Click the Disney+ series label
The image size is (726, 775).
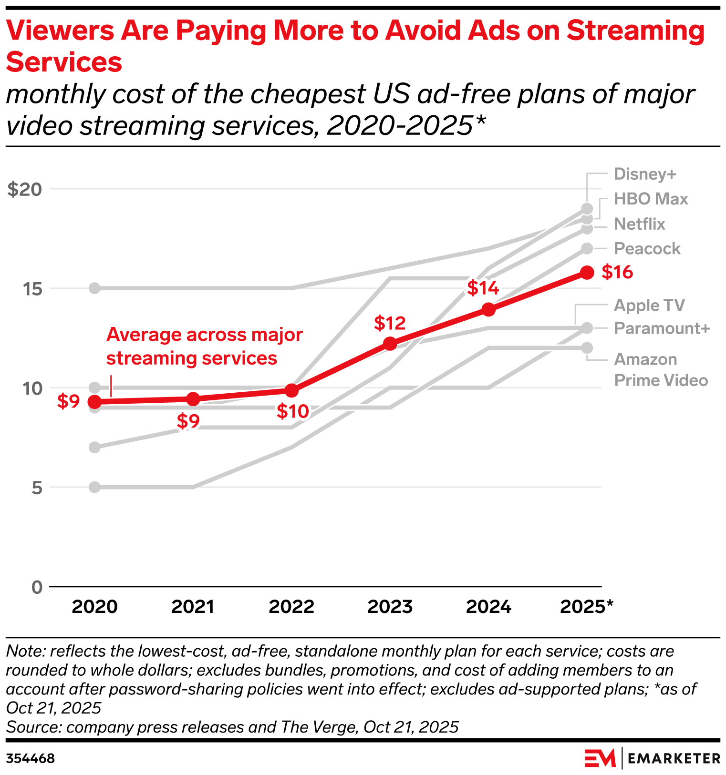(x=645, y=174)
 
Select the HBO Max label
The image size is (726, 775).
(x=651, y=199)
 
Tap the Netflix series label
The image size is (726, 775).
(x=639, y=224)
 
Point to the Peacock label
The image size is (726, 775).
(x=647, y=249)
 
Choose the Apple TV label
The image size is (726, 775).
(x=649, y=306)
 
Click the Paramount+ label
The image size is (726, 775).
(x=662, y=328)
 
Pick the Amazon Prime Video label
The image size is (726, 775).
(x=660, y=370)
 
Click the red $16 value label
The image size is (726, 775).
(x=617, y=272)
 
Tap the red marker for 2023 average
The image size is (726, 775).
(x=390, y=343)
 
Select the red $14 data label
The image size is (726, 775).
(x=483, y=288)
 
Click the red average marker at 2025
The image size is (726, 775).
(x=587, y=273)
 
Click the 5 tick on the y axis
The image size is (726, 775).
(x=37, y=488)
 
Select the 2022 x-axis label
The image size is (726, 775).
(x=291, y=607)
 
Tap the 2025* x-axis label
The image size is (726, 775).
(x=586, y=607)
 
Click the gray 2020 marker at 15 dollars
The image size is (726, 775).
(x=95, y=288)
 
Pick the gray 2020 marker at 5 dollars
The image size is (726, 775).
(x=95, y=487)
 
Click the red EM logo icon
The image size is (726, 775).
(x=600, y=758)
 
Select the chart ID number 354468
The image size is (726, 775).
(x=31, y=759)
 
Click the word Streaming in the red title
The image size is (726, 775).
(x=635, y=31)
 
